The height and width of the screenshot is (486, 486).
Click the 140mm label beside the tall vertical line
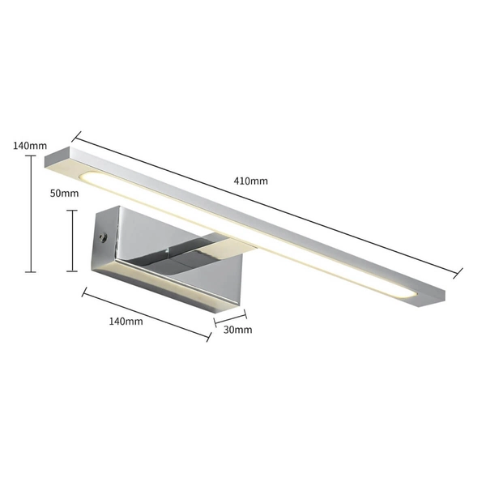coord(30,146)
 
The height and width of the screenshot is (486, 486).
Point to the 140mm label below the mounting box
coord(126,321)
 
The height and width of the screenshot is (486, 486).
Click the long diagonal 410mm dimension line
coord(267,203)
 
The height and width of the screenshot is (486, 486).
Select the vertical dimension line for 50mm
coord(74,240)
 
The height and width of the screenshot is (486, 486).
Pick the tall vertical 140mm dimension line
coord(31,213)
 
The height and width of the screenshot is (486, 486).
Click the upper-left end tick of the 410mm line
coord(78,135)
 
